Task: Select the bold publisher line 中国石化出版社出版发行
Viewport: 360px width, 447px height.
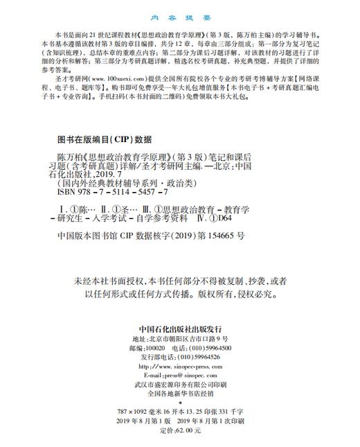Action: pyautogui.click(x=179, y=329)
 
